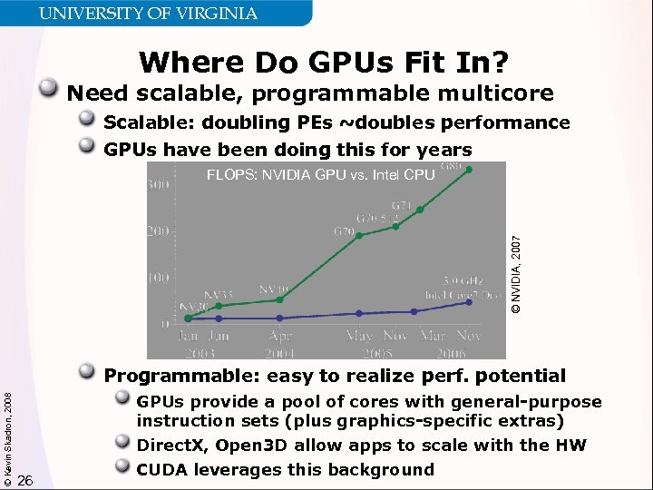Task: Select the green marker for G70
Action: (x=360, y=235)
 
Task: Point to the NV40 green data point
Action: (x=279, y=299)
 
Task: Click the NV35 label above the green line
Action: (x=218, y=295)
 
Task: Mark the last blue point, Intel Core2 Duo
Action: (x=469, y=302)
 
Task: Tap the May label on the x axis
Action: (x=360, y=337)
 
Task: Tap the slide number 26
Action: (x=25, y=480)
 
